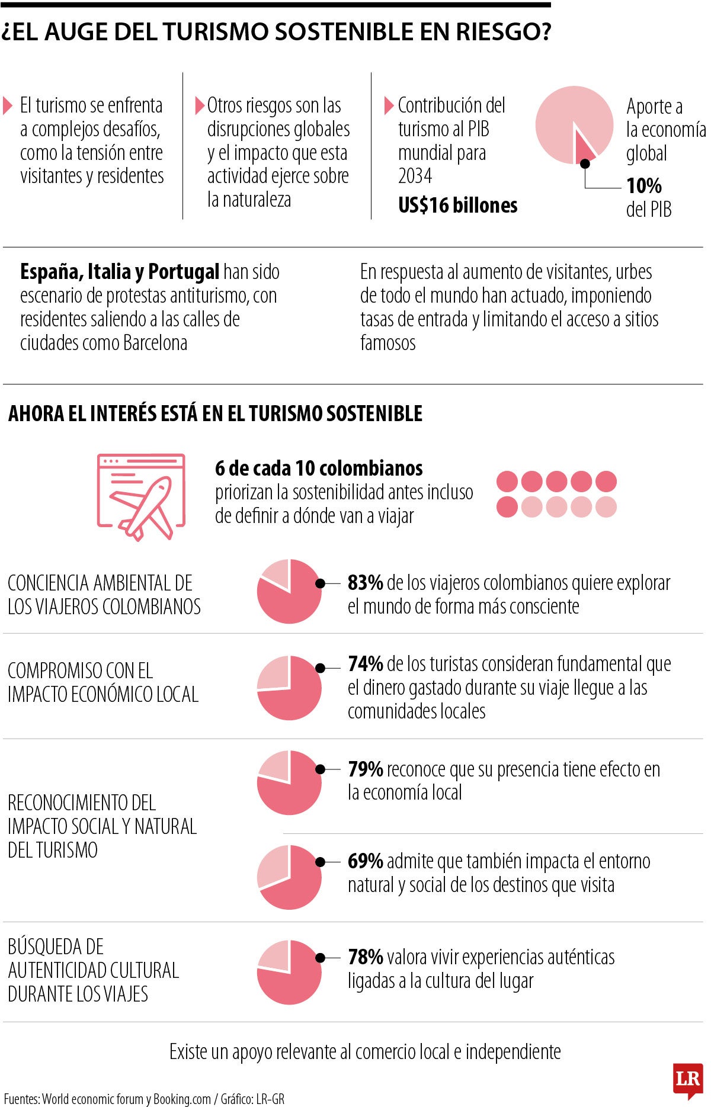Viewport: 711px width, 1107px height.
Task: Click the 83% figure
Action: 365,583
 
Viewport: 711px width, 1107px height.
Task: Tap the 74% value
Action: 365,664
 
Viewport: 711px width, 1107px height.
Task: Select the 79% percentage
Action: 365,769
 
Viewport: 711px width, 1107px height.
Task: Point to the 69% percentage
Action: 365,861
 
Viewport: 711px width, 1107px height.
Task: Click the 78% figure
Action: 365,957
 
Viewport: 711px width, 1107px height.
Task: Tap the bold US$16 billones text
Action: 457,206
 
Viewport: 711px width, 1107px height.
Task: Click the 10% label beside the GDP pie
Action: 643,186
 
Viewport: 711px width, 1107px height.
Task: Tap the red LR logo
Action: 687,1079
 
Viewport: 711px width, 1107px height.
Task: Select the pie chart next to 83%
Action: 289,591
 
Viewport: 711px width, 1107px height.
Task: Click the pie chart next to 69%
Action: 289,877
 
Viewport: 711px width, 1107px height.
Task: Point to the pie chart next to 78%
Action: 289,972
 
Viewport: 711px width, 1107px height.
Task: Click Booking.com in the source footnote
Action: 182,1099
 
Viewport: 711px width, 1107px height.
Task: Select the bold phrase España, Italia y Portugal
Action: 120,272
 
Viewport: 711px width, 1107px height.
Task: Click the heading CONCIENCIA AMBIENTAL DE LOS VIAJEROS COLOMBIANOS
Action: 104,595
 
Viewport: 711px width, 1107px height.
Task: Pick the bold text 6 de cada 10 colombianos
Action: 319,469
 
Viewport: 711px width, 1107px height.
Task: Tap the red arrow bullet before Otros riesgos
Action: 200,106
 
